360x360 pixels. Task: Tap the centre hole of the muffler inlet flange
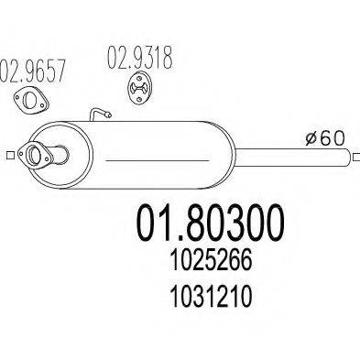pos(40,156)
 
